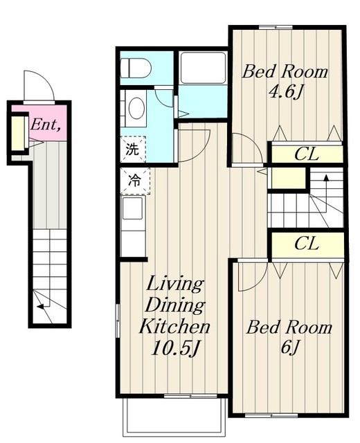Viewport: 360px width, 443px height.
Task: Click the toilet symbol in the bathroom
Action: click(x=136, y=68)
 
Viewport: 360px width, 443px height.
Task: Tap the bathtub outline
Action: click(x=203, y=67)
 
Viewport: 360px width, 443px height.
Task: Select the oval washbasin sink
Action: click(x=137, y=108)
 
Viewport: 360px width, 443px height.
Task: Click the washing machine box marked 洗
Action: click(x=133, y=150)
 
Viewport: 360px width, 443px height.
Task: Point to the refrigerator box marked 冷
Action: click(x=135, y=181)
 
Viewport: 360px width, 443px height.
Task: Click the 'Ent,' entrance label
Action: click(x=46, y=125)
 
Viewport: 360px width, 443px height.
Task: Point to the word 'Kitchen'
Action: click(x=174, y=326)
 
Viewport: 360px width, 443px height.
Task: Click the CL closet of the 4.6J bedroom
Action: click(x=307, y=154)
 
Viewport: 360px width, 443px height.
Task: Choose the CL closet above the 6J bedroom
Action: click(x=307, y=244)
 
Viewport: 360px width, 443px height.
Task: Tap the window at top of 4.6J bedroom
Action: click(x=276, y=27)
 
